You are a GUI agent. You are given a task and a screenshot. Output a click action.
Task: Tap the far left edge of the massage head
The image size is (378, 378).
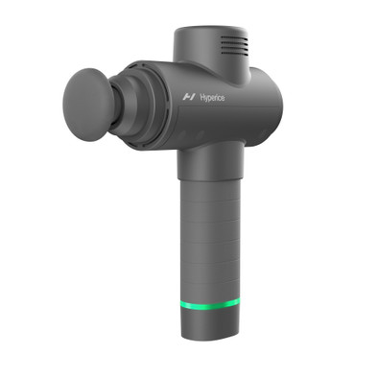coord(63,100)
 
